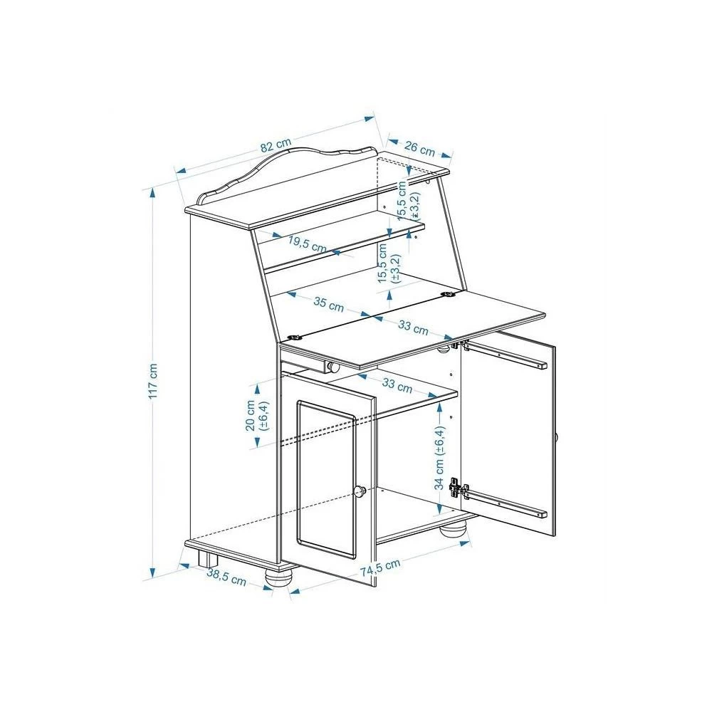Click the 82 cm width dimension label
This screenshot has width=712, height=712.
[275, 145]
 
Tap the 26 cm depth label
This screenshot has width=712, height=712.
[419, 148]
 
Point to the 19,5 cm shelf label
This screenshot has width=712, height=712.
[308, 244]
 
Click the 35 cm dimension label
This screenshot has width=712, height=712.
[329, 304]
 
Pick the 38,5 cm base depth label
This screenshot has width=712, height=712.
[226, 577]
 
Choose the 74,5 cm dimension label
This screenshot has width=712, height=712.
[380, 567]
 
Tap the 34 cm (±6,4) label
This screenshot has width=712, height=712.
[439, 458]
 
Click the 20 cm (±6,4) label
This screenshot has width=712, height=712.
[258, 415]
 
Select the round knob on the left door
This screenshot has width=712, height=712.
[360, 491]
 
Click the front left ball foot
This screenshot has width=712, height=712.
[278, 577]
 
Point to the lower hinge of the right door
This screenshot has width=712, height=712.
[457, 488]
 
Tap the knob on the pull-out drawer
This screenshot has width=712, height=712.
[333, 367]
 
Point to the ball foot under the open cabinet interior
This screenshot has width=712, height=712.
[453, 530]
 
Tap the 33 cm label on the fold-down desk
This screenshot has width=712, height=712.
[413, 328]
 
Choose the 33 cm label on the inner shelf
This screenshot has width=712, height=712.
[397, 385]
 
